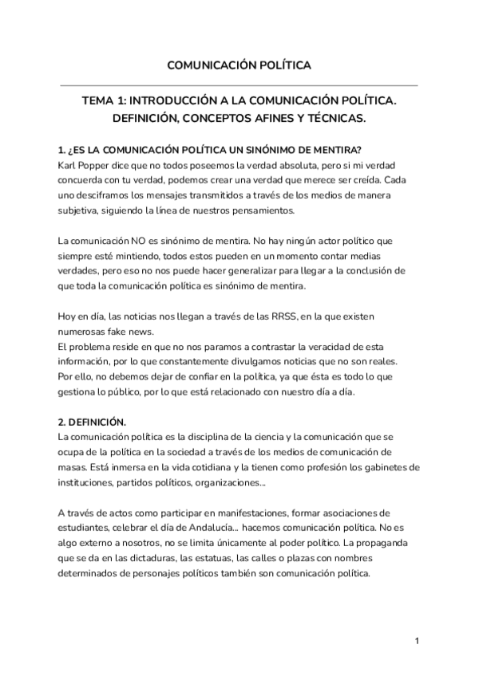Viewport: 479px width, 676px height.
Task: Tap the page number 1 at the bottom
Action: click(x=417, y=641)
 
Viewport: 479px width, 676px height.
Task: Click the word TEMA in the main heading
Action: click(x=102, y=102)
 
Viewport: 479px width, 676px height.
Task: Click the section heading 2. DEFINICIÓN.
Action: click(x=93, y=422)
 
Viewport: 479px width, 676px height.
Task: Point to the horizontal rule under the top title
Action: click(x=239, y=85)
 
